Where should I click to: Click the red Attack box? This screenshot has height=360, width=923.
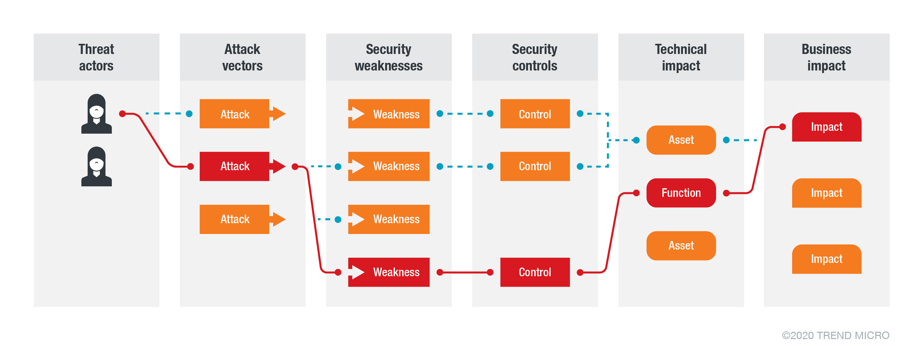tap(235, 166)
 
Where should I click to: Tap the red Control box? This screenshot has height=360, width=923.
tap(535, 272)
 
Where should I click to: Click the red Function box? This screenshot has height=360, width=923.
tap(681, 193)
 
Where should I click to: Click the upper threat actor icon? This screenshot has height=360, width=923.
tap(97, 114)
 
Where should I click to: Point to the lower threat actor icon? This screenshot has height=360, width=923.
tap(97, 167)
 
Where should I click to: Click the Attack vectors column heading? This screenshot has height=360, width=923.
tap(242, 57)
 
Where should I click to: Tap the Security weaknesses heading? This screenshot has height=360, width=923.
tap(388, 57)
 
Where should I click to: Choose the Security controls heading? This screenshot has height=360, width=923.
tap(535, 57)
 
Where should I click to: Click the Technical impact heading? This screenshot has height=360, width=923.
tap(681, 57)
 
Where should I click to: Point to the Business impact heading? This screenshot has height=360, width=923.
tap(826, 57)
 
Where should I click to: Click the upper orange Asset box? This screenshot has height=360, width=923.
tap(681, 140)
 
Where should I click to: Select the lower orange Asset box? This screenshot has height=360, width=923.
tap(681, 246)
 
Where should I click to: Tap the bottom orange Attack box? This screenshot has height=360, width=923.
tap(235, 219)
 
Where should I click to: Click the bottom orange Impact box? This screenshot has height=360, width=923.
tap(826, 259)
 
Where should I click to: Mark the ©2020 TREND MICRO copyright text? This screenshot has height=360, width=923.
tap(835, 335)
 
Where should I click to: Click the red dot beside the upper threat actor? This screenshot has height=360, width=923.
tap(122, 114)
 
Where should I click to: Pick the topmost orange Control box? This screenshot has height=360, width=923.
tap(535, 114)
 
